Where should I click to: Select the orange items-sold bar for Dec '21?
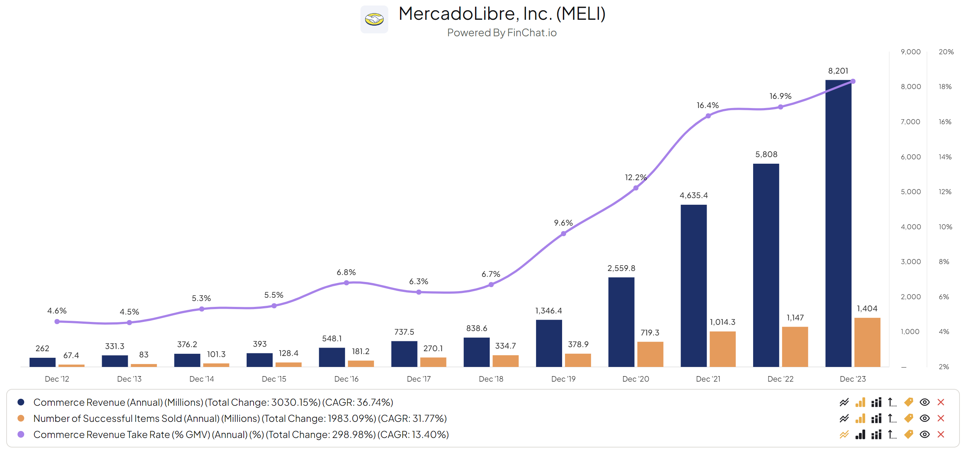pos(722,349)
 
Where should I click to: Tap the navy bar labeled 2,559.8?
pos(621,322)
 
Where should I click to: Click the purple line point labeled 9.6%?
pos(564,234)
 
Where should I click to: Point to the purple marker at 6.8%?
pos(347,283)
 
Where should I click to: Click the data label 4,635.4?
pos(693,196)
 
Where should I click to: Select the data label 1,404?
pos(867,309)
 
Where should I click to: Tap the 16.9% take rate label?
pos(780,96)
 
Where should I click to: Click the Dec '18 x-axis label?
pos(491,379)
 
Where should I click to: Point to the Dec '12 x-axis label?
pos(57,379)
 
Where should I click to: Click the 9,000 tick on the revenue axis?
pos(910,52)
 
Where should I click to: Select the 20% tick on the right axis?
pos(946,52)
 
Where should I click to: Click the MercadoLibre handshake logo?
pos(374,19)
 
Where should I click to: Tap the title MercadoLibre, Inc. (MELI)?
pos(502,14)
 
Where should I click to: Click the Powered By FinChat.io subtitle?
pos(502,33)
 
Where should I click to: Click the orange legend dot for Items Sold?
pos(21,418)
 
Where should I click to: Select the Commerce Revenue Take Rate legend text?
pos(241,434)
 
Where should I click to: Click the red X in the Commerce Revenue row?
pos(940,402)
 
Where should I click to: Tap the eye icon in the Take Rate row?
pos(924,434)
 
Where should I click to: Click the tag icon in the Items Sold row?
pos(908,418)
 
